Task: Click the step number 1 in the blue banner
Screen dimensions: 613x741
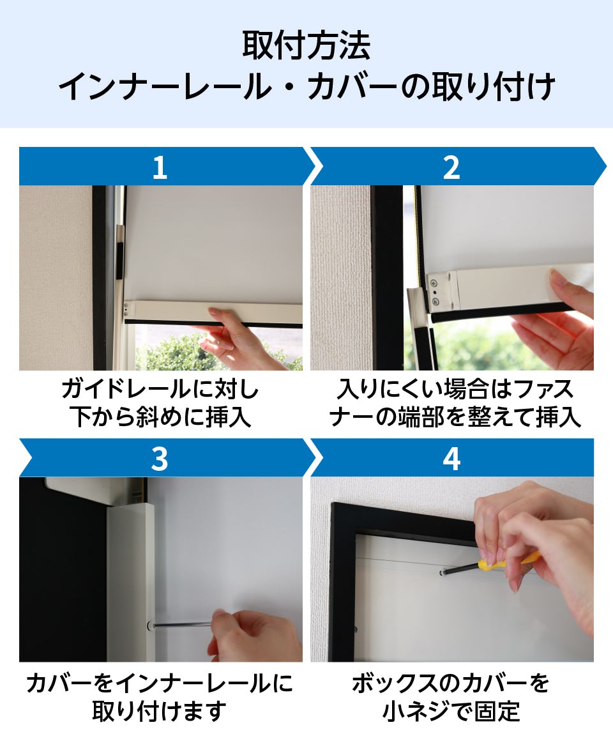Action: coord(160,167)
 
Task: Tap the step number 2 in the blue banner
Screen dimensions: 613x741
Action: coord(451,167)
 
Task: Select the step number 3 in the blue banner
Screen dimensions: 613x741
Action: coord(160,459)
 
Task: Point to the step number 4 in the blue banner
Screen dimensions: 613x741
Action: coord(451,459)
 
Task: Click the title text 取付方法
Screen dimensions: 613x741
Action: coord(306,46)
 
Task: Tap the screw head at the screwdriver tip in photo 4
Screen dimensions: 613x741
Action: coord(443,573)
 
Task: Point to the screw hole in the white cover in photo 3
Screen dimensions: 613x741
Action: coord(149,625)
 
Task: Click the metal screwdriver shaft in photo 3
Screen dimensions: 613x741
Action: coord(182,625)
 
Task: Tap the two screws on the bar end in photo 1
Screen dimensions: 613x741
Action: coord(126,309)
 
